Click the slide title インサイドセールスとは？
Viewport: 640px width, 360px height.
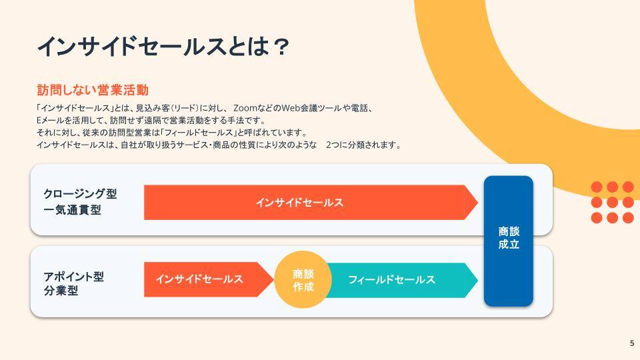tap(163, 46)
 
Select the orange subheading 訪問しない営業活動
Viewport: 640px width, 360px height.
tap(93, 90)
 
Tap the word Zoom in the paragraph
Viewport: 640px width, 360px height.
tap(245, 108)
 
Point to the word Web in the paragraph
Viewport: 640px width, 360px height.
tap(291, 108)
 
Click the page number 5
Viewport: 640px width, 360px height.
tap(632, 343)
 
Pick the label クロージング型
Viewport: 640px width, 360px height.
tap(81, 193)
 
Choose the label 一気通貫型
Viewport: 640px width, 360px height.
tap(72, 210)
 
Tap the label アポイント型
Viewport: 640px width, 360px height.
tap(74, 276)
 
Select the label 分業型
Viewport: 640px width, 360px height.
tap(61, 291)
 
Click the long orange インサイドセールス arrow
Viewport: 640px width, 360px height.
tap(311, 203)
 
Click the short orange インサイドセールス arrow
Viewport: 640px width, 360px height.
tap(209, 279)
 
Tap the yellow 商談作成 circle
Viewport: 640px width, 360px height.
tap(303, 279)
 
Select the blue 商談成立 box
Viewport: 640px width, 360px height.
tap(509, 241)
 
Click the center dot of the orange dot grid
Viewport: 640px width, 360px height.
tap(612, 203)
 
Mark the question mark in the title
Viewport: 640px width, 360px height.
tap(281, 47)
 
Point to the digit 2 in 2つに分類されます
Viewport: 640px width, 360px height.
tap(329, 145)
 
